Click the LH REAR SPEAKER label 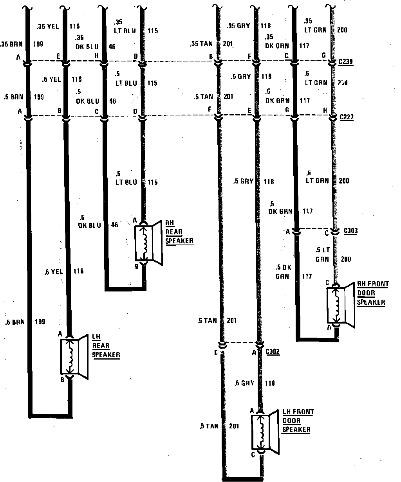[x=106, y=346]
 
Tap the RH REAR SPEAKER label [x=179, y=232]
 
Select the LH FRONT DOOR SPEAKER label [x=298, y=421]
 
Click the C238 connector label [x=347, y=61]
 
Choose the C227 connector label [x=347, y=116]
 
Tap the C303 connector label [x=350, y=231]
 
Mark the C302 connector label [x=273, y=352]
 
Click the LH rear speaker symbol [x=74, y=356]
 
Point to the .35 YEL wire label [x=49, y=27]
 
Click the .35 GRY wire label [x=238, y=27]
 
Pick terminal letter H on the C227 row [x=324, y=111]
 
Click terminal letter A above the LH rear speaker [x=60, y=334]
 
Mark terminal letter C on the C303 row [x=326, y=234]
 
